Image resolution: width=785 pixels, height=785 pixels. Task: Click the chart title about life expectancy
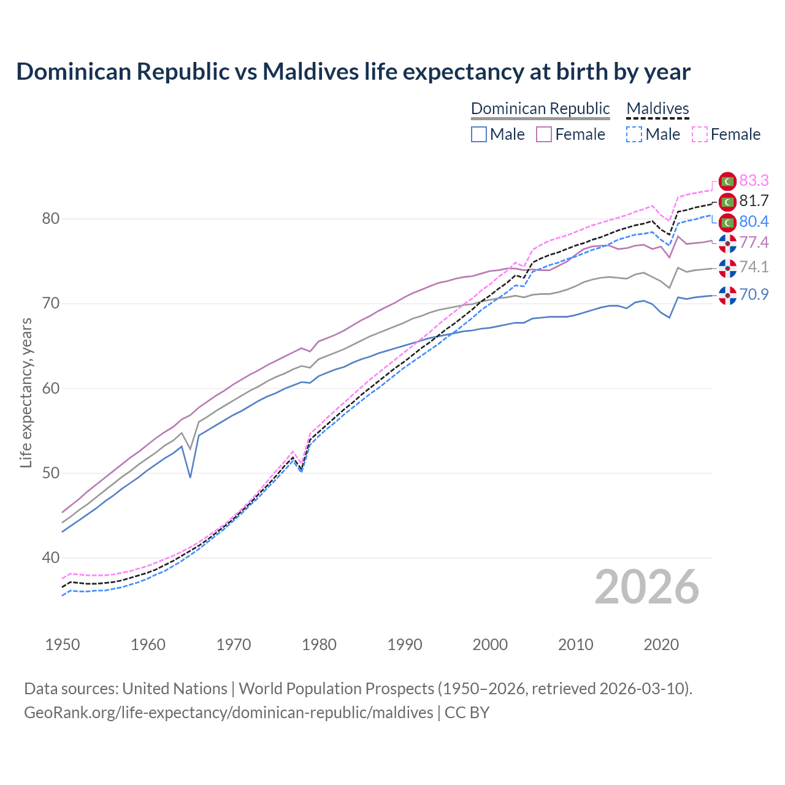(353, 72)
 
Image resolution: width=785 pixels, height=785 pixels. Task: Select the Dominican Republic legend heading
(540, 109)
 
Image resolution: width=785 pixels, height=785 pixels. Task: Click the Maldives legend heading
(657, 109)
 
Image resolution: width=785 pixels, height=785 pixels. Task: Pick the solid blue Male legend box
(479, 134)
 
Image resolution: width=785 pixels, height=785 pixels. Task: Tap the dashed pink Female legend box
(700, 134)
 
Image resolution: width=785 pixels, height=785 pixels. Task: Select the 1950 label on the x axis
(63, 645)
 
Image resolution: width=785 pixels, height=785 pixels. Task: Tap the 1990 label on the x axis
(405, 645)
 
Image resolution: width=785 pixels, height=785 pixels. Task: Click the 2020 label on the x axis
(661, 645)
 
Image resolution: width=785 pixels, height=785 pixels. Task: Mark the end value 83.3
(754, 180)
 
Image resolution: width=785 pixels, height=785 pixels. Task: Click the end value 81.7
(754, 201)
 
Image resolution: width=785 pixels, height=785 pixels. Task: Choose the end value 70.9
(754, 295)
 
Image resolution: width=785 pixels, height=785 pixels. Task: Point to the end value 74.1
(754, 267)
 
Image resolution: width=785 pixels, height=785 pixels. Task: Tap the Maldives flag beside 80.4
(727, 222)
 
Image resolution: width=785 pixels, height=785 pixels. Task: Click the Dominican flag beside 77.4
(727, 243)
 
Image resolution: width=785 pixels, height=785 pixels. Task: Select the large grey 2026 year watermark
(647, 587)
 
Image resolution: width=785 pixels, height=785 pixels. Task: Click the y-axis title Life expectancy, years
(26, 392)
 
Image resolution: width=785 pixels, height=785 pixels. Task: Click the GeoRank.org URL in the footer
(229, 713)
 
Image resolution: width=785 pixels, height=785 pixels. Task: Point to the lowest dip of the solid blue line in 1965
(190, 477)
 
